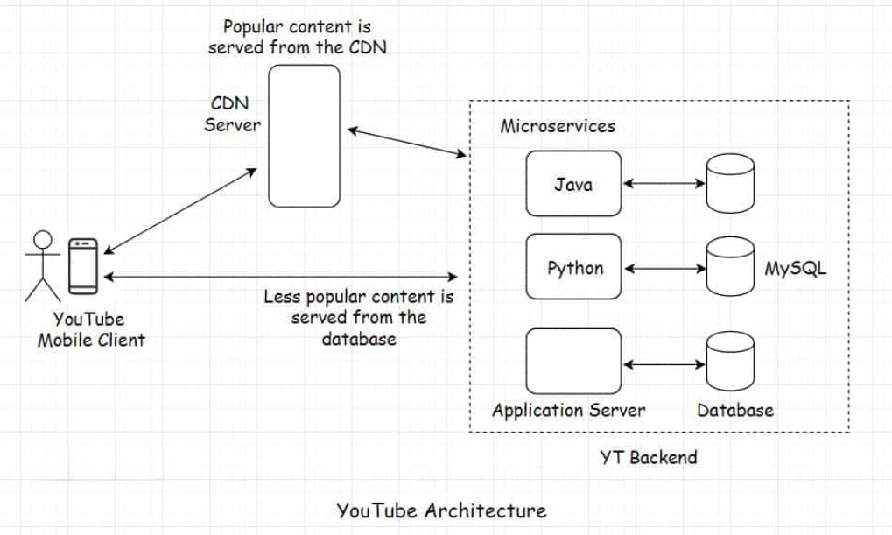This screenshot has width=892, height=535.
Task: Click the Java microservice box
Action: tap(573, 184)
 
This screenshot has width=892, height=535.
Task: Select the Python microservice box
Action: tap(573, 268)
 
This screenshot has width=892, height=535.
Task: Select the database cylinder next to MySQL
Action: tap(730, 268)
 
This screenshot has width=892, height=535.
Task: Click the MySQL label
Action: tap(795, 268)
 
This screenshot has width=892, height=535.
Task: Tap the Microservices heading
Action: tap(558, 126)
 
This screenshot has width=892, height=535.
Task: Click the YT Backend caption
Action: tap(649, 456)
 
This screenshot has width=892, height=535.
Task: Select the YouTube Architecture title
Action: tap(441, 510)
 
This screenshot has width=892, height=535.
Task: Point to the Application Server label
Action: tap(568, 410)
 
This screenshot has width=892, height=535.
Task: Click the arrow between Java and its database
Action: tap(664, 184)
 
